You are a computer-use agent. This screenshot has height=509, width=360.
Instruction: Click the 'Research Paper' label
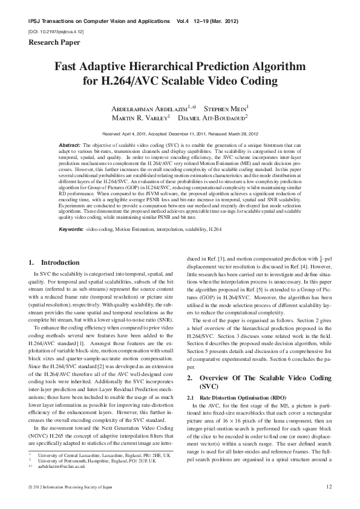point(57,42)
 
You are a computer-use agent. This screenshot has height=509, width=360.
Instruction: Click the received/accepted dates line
point(180,132)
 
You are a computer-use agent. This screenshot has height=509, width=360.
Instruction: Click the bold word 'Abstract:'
point(70,146)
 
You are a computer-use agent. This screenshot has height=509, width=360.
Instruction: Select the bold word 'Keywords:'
point(71,230)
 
